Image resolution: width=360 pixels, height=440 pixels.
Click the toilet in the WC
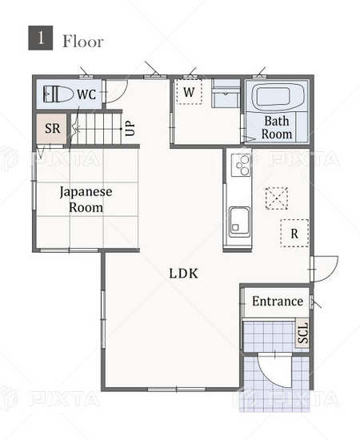(58, 94)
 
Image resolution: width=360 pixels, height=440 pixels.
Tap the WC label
(86, 94)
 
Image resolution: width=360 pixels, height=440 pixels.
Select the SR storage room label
(53, 129)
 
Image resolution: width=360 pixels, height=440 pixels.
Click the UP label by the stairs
(130, 129)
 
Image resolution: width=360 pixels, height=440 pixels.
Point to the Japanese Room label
(86, 199)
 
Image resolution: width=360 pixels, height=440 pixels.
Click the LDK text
(183, 274)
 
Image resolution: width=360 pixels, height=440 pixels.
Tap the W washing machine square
(189, 92)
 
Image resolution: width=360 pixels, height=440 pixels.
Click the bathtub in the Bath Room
(278, 97)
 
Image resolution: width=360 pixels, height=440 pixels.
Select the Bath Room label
(277, 127)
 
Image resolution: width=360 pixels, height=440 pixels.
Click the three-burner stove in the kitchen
(241, 165)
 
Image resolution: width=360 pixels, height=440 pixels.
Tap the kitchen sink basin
(239, 222)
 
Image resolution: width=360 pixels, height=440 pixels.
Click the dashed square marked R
(294, 233)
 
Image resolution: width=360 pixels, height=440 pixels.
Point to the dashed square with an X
(277, 198)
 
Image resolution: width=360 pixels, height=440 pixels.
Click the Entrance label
(278, 302)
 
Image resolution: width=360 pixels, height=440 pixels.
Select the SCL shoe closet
(302, 334)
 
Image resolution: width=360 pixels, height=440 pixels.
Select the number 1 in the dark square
(41, 38)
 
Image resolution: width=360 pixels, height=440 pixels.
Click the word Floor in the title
(82, 42)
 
